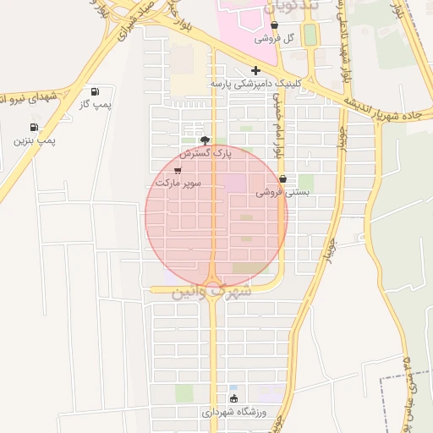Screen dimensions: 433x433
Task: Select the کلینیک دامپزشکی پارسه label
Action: pyautogui.click(x=255, y=85)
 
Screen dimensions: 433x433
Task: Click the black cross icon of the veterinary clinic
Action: pyautogui.click(x=255, y=70)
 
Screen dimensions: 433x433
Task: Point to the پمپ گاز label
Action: pyautogui.click(x=96, y=104)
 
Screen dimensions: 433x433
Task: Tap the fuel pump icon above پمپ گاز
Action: pyautogui.click(x=95, y=90)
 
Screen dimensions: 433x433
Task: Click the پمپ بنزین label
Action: pyautogui.click(x=34, y=140)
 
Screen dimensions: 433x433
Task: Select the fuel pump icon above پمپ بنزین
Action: pyautogui.click(x=34, y=127)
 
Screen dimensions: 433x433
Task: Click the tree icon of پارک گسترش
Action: pyautogui.click(x=204, y=140)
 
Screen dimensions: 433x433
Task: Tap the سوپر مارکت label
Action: pyautogui.click(x=176, y=183)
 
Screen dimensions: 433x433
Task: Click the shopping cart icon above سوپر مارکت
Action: pyautogui.click(x=177, y=169)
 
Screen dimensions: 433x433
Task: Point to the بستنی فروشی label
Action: pyautogui.click(x=282, y=193)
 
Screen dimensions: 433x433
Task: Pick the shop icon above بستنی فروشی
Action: pyautogui.click(x=282, y=179)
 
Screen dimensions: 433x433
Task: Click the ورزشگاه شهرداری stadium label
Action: pyautogui.click(x=233, y=412)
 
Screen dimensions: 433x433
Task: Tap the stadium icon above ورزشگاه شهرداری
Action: pyautogui.click(x=233, y=398)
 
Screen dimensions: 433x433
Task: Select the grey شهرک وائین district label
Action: pyautogui.click(x=211, y=291)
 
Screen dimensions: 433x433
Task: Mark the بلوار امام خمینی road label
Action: pyautogui.click(x=277, y=127)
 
